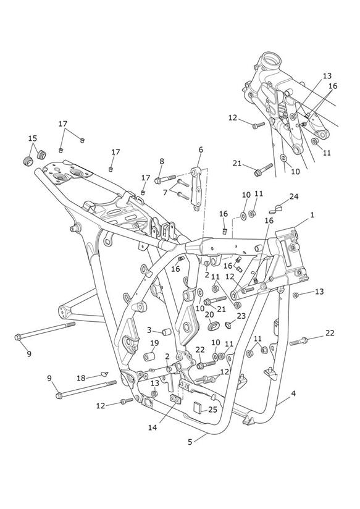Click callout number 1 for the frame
pyautogui.click(x=312, y=215)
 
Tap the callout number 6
pyautogui.click(x=201, y=149)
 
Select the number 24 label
pyautogui.click(x=294, y=196)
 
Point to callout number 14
pyautogui.click(x=153, y=427)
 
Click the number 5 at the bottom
pyautogui.click(x=190, y=442)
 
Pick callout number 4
pyautogui.click(x=293, y=393)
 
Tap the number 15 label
pyautogui.click(x=33, y=138)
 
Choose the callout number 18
pyautogui.click(x=81, y=378)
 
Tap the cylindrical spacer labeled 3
pyautogui.click(x=167, y=332)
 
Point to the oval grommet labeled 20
pyautogui.click(x=211, y=325)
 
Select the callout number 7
pyautogui.click(x=165, y=193)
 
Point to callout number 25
pyautogui.click(x=212, y=410)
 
